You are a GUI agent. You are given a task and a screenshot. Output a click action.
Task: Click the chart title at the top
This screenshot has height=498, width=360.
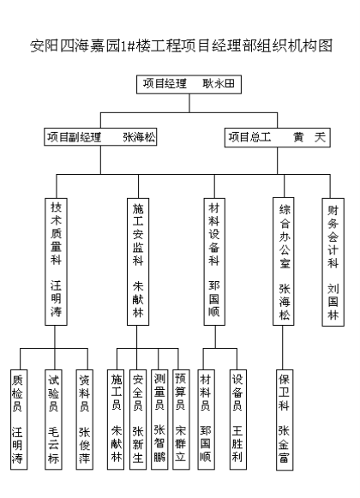182,45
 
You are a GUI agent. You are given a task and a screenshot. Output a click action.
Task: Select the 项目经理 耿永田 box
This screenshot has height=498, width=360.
189,84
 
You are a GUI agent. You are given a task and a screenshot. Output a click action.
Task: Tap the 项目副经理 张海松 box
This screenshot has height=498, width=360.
100,137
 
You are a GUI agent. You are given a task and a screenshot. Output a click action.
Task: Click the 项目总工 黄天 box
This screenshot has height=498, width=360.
278,137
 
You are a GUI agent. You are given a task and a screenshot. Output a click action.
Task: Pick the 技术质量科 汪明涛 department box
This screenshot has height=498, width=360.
56,261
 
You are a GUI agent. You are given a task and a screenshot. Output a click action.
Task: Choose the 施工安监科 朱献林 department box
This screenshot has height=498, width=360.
138,261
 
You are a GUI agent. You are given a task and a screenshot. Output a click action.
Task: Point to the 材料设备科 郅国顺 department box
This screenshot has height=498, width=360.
214,261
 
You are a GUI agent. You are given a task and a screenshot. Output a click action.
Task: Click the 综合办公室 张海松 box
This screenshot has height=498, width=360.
283,261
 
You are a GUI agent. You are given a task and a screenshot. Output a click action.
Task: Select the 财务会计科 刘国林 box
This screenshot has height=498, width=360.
333,262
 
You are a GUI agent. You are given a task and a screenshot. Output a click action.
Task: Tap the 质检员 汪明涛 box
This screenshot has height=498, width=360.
19,419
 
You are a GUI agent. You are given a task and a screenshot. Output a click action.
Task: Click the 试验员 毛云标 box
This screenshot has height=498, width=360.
53,419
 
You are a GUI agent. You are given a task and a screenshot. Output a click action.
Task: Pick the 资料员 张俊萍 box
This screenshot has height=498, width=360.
85,419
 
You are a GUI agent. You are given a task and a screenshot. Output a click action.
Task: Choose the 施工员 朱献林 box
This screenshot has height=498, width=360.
116,419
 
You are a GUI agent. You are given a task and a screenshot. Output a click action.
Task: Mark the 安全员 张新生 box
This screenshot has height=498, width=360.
138,419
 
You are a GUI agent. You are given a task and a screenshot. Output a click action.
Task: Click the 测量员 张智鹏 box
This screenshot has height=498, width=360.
159,419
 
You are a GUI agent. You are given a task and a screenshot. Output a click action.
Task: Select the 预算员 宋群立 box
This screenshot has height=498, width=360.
181,419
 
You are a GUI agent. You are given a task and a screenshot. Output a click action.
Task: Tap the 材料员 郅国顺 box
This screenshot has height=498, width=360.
206,419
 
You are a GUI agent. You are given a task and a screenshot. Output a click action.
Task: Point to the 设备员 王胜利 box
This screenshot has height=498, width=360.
238,419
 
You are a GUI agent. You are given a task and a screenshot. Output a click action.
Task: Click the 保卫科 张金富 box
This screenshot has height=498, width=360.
285,419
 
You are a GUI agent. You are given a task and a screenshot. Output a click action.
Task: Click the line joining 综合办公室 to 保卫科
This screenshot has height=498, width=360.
283,347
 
